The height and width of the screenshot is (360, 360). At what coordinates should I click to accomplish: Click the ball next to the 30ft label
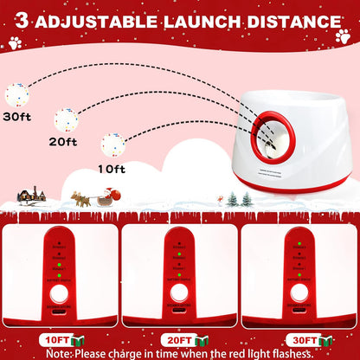click(x=17, y=94)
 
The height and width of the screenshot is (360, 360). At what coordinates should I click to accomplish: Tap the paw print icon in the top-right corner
click(x=343, y=37)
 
